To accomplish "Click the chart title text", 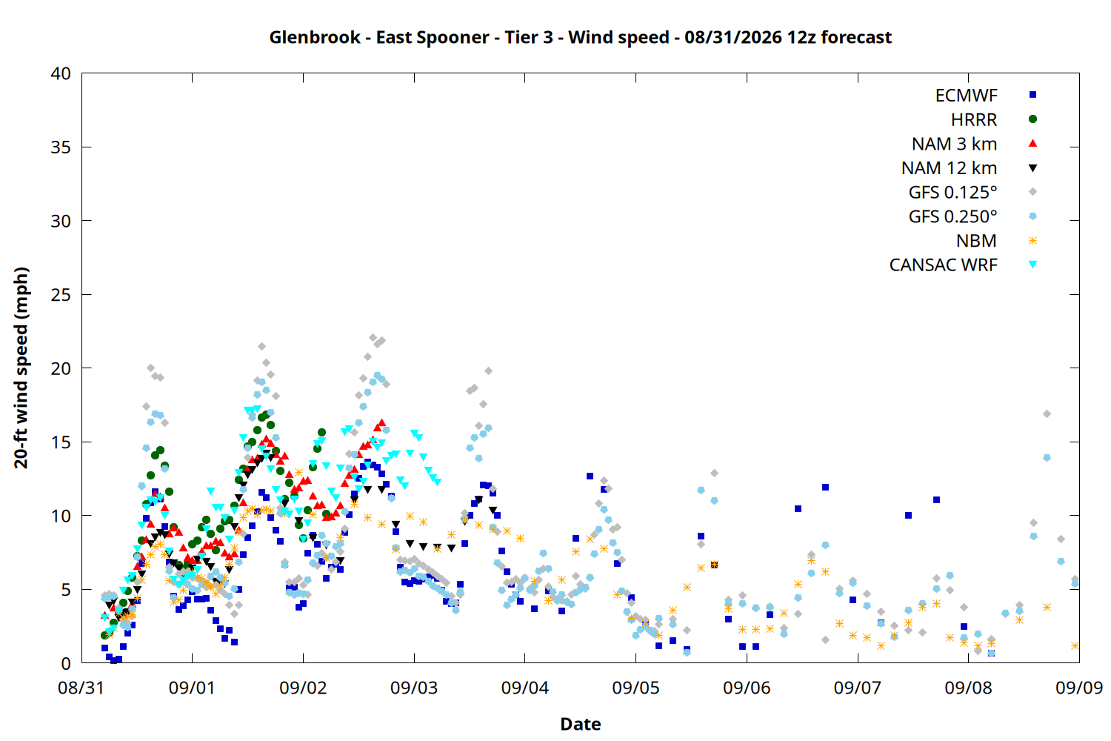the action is [580, 37].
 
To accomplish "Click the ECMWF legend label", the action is [966, 96].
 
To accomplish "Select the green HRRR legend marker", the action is [1032, 119].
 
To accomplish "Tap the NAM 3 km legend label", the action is [954, 144].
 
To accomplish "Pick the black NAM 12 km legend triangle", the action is [1032, 168].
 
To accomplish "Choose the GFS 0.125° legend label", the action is [952, 192].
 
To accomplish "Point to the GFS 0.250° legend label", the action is [952, 216].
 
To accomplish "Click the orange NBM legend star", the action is [1032, 241].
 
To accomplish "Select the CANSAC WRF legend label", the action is [944, 265].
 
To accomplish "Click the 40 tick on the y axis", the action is [61, 73].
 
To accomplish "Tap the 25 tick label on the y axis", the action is [61, 295].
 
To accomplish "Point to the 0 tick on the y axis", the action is [66, 663].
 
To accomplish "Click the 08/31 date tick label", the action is [81, 688].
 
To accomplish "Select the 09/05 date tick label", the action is [635, 688].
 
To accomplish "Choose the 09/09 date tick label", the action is [1079, 688].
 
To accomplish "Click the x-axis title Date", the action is [580, 724].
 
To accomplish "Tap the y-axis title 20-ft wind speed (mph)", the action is [21, 368].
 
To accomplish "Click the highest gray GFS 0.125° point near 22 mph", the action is [373, 337].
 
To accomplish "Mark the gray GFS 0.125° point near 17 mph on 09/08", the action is [1047, 414].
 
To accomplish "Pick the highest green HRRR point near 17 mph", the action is [266, 415].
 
